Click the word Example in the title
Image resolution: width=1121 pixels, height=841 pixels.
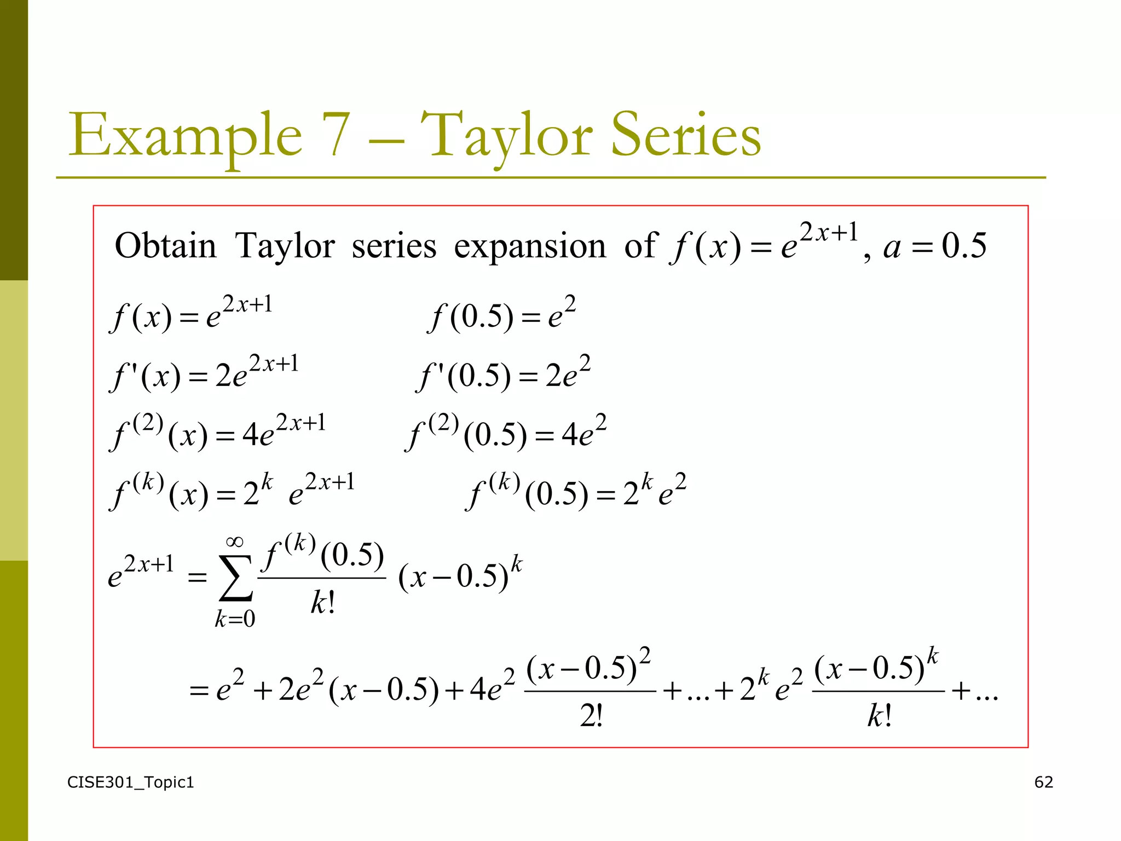tap(185, 135)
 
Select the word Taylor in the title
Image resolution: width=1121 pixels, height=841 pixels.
tap(506, 135)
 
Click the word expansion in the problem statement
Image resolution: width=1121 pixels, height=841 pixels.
tap(529, 246)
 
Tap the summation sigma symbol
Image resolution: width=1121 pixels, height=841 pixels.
tap(235, 578)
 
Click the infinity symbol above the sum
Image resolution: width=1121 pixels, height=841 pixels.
tap(234, 542)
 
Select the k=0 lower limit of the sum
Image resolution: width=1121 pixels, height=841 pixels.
tap(235, 619)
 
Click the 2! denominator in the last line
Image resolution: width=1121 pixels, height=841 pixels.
tap(591, 716)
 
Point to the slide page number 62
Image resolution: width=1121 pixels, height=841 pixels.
tap(1043, 782)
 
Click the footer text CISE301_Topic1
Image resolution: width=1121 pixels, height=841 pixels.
tap(130, 782)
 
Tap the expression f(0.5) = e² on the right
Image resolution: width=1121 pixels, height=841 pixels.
tap(501, 314)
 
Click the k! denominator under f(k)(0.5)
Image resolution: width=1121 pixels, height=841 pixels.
tap(322, 603)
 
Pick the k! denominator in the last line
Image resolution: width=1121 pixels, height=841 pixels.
tap(879, 716)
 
